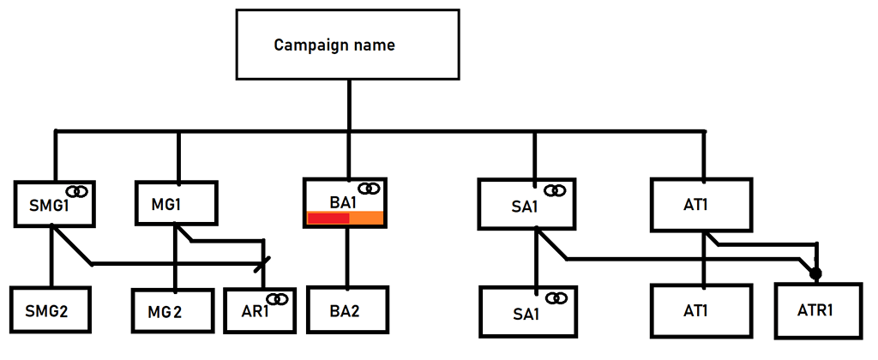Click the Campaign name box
click(348, 45)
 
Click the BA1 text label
click(343, 202)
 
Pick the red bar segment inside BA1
click(328, 219)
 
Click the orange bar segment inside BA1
click(367, 219)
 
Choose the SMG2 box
click(50, 309)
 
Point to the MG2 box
click(171, 311)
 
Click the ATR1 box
click(816, 309)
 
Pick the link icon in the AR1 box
click(277, 298)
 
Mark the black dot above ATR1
click(815, 274)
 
